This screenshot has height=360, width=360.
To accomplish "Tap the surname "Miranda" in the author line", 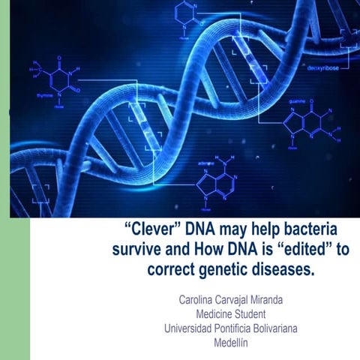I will [x=280, y=301].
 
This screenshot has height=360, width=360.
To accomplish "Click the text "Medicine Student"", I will [x=233, y=314].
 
